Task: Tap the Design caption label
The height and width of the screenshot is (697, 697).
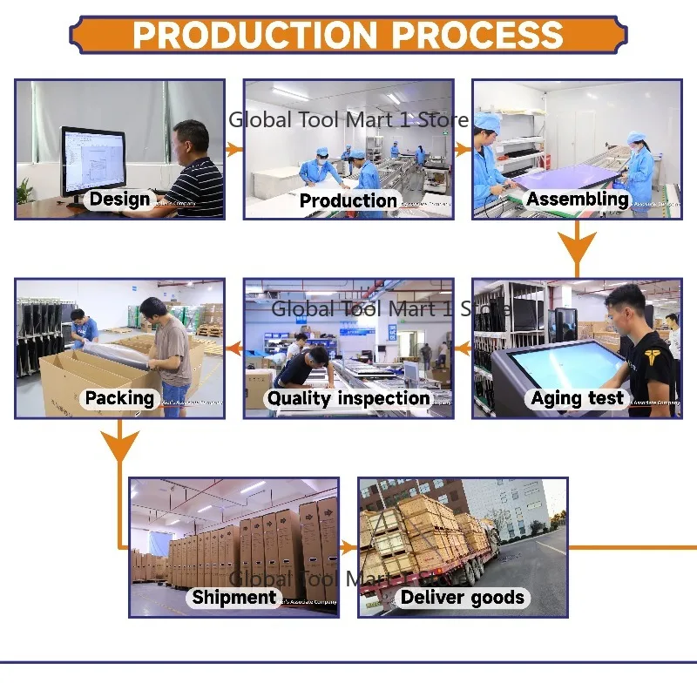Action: pos(119,199)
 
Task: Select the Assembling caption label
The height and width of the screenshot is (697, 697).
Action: pos(577,199)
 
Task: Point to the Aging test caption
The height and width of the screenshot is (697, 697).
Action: pos(578,398)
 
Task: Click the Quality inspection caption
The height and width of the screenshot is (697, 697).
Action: pos(348,398)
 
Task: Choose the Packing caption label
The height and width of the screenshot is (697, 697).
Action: pos(119,398)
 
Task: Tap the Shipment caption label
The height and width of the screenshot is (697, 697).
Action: pos(233,597)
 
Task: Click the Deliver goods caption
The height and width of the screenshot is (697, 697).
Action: pos(463,597)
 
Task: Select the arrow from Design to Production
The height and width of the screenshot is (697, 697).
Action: pos(233,150)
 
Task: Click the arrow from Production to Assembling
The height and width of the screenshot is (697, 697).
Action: pos(463,150)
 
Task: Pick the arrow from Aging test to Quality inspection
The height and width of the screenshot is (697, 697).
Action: pos(463,349)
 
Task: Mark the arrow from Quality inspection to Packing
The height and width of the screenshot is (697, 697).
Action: pos(233,349)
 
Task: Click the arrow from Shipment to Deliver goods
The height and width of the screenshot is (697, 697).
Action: pos(348,547)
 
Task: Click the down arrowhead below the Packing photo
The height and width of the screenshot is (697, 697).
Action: pos(119,444)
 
